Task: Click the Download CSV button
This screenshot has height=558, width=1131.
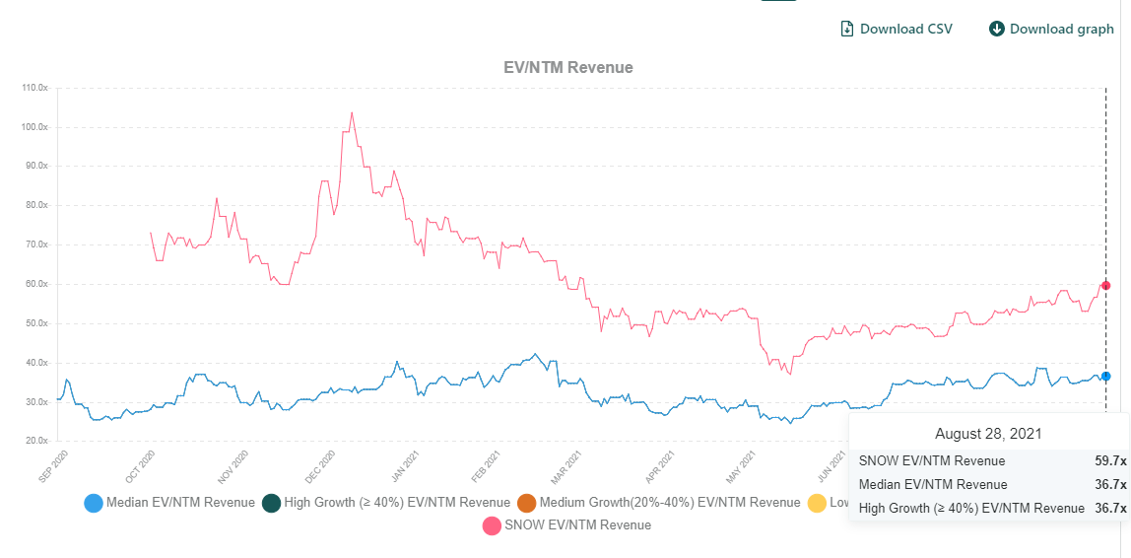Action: pos(896,29)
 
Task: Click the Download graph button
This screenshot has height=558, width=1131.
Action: pos(1051,29)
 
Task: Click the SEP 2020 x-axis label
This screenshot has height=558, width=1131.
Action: pos(52,465)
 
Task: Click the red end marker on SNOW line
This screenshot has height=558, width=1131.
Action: pos(1105,286)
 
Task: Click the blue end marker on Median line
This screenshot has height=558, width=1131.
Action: pos(1105,376)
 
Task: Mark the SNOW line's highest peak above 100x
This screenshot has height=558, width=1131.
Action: pos(352,112)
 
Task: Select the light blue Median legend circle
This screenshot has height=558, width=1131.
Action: pos(95,503)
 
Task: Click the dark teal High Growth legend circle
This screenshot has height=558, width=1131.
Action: pos(271,503)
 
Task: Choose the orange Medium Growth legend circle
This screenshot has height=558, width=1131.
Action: pos(526,503)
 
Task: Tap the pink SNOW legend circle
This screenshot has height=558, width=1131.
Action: pos(491,525)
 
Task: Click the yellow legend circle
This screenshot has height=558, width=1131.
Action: pos(817,503)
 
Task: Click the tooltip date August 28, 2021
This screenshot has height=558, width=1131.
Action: pos(988,434)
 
